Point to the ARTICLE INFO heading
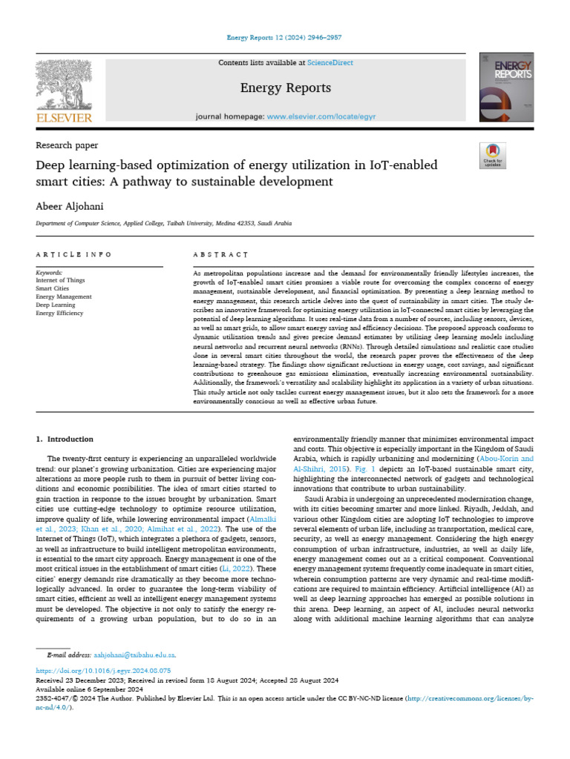tap(73, 254)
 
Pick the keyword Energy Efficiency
tap(60, 314)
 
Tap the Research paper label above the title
tap(67, 145)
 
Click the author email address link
tap(134, 655)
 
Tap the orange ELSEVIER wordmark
tap(64, 118)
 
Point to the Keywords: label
tap(49, 272)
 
